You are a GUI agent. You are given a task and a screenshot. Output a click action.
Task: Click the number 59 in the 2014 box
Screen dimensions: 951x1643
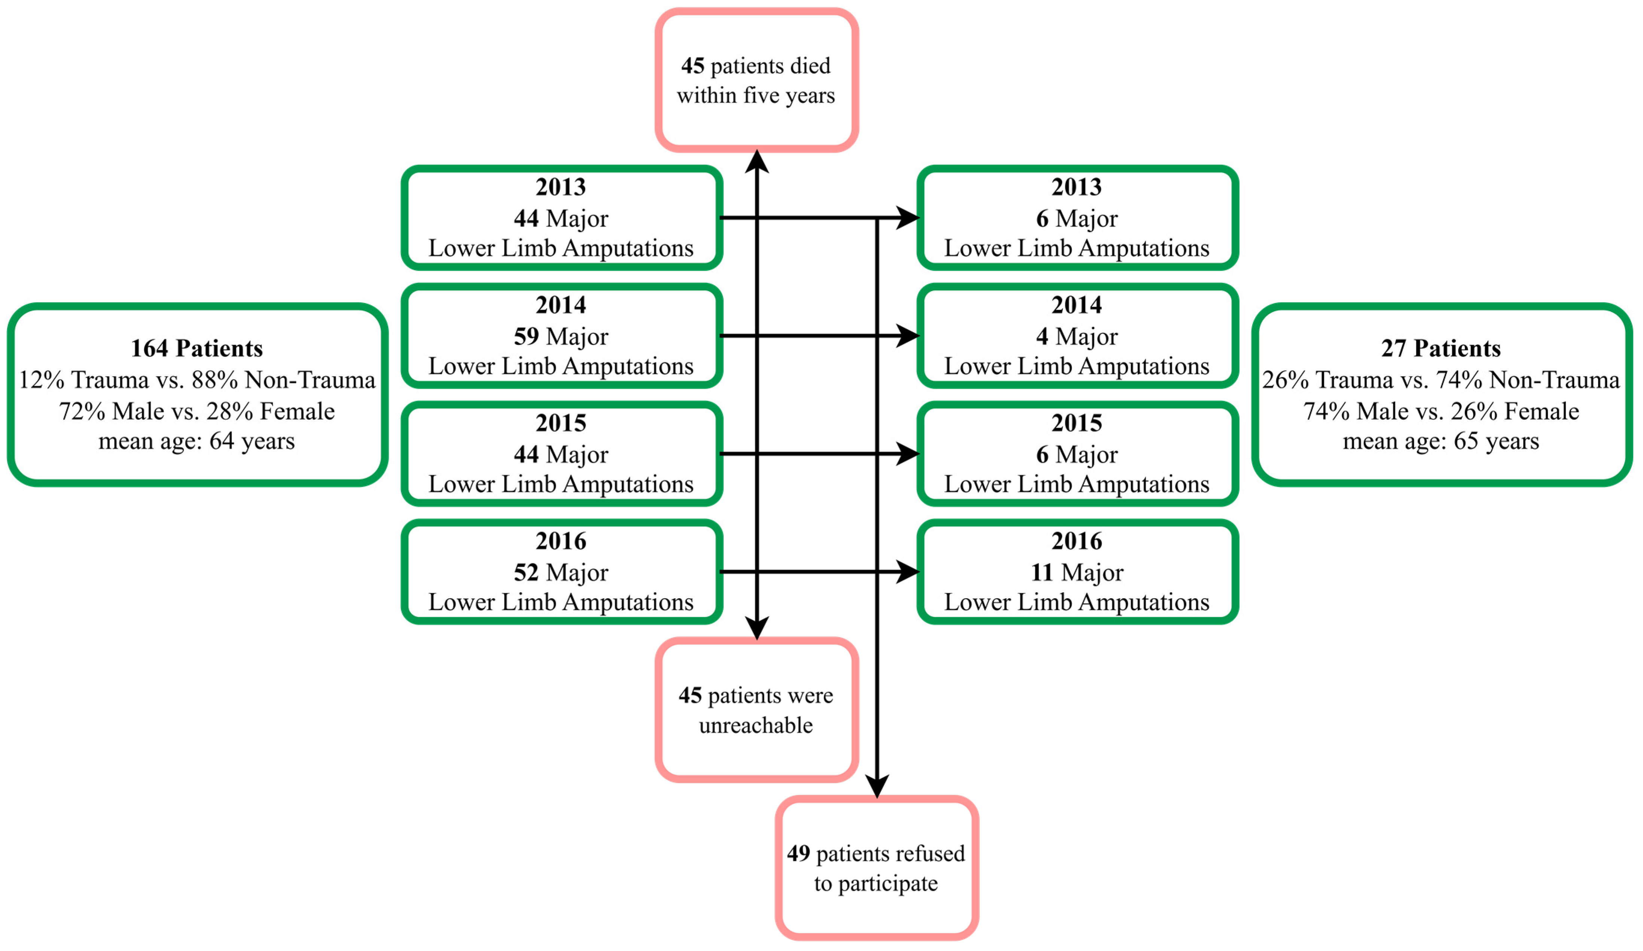pyautogui.click(x=525, y=336)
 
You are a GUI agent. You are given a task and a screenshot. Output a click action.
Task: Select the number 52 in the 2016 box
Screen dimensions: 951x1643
pyautogui.click(x=525, y=572)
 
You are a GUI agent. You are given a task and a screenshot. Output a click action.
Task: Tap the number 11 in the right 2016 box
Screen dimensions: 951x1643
pyautogui.click(x=1042, y=572)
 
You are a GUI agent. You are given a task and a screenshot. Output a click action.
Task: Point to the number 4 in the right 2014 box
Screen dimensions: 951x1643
pyautogui.click(x=1042, y=336)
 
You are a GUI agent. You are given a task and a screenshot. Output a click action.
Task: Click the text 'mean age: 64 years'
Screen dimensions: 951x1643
pyautogui.click(x=197, y=441)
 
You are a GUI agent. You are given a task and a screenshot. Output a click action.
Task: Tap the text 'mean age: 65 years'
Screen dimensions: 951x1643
pyautogui.click(x=1441, y=441)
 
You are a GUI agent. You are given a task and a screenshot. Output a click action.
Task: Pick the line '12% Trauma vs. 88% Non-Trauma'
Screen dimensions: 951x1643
pyautogui.click(x=197, y=379)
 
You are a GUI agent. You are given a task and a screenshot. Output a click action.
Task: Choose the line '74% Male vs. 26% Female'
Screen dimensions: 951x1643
pyautogui.click(x=1441, y=411)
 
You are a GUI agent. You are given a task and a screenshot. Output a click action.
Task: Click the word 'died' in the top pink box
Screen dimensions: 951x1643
pyautogui.click(x=810, y=66)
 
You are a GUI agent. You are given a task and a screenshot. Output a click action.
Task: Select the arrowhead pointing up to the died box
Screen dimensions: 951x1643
pyautogui.click(x=757, y=162)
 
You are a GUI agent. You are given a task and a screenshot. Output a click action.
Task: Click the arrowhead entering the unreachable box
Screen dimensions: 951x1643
pyautogui.click(x=757, y=628)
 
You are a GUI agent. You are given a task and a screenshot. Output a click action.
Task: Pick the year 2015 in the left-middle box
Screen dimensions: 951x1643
pyautogui.click(x=561, y=423)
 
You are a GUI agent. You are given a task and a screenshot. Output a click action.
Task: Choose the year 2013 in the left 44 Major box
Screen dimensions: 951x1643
pyautogui.click(x=561, y=187)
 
